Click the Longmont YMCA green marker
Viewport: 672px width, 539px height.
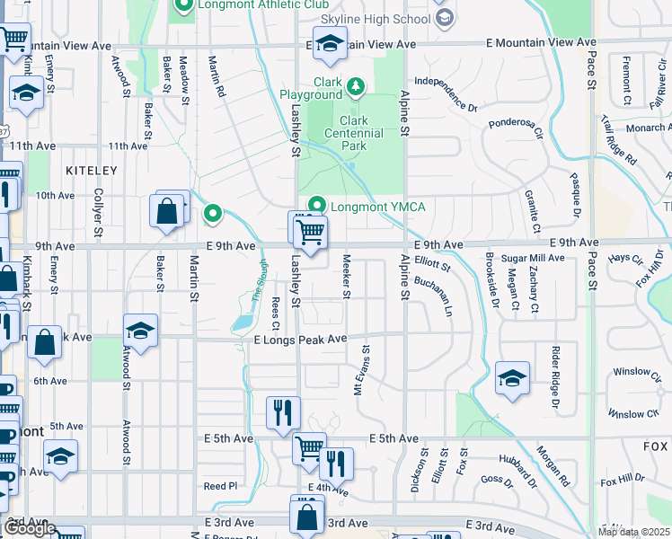(315, 206)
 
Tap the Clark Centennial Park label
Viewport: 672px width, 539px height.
(362, 133)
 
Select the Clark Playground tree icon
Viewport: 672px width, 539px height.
(357, 86)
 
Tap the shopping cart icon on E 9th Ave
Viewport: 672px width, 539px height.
(310, 232)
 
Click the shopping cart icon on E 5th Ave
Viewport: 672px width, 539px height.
(309, 447)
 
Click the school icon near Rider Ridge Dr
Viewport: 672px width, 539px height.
(512, 377)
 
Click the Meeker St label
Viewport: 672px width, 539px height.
(346, 275)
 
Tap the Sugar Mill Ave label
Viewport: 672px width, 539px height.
(533, 258)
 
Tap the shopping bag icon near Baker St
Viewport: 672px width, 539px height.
(168, 212)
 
